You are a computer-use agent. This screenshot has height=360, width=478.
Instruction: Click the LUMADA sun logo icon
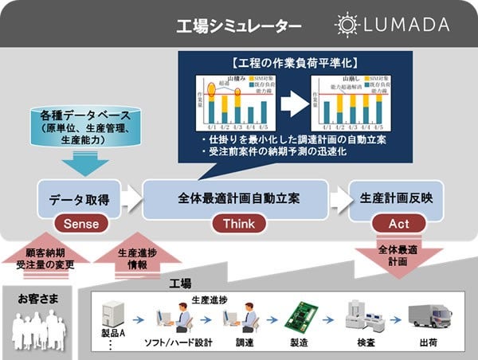click(347, 25)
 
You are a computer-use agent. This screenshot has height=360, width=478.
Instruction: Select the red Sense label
click(81, 224)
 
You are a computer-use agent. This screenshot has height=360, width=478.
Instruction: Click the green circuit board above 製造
click(305, 318)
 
